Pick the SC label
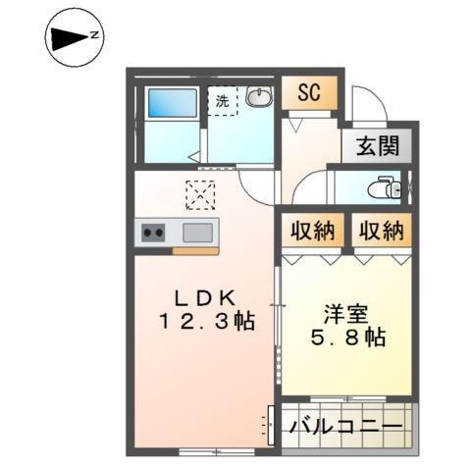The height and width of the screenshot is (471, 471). coord(309,93)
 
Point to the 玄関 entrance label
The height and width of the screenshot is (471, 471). coord(378,147)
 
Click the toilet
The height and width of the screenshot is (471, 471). coord(386,186)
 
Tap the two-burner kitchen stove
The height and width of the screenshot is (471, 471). coord(154,233)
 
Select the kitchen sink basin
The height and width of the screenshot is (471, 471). coord(196,233)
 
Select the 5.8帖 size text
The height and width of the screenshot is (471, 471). coord(348,339)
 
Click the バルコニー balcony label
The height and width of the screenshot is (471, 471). coord(345,428)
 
